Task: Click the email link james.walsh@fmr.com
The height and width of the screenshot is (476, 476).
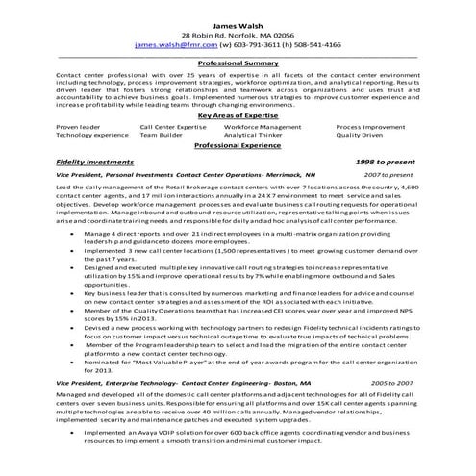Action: click(x=176, y=44)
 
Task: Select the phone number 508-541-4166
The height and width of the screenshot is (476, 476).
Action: click(x=313, y=44)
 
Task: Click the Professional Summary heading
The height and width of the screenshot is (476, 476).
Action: click(x=238, y=63)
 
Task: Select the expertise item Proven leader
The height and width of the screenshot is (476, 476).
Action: click(x=79, y=125)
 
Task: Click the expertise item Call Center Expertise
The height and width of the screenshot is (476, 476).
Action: click(x=173, y=125)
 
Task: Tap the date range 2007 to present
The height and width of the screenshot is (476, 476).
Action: click(x=388, y=176)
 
